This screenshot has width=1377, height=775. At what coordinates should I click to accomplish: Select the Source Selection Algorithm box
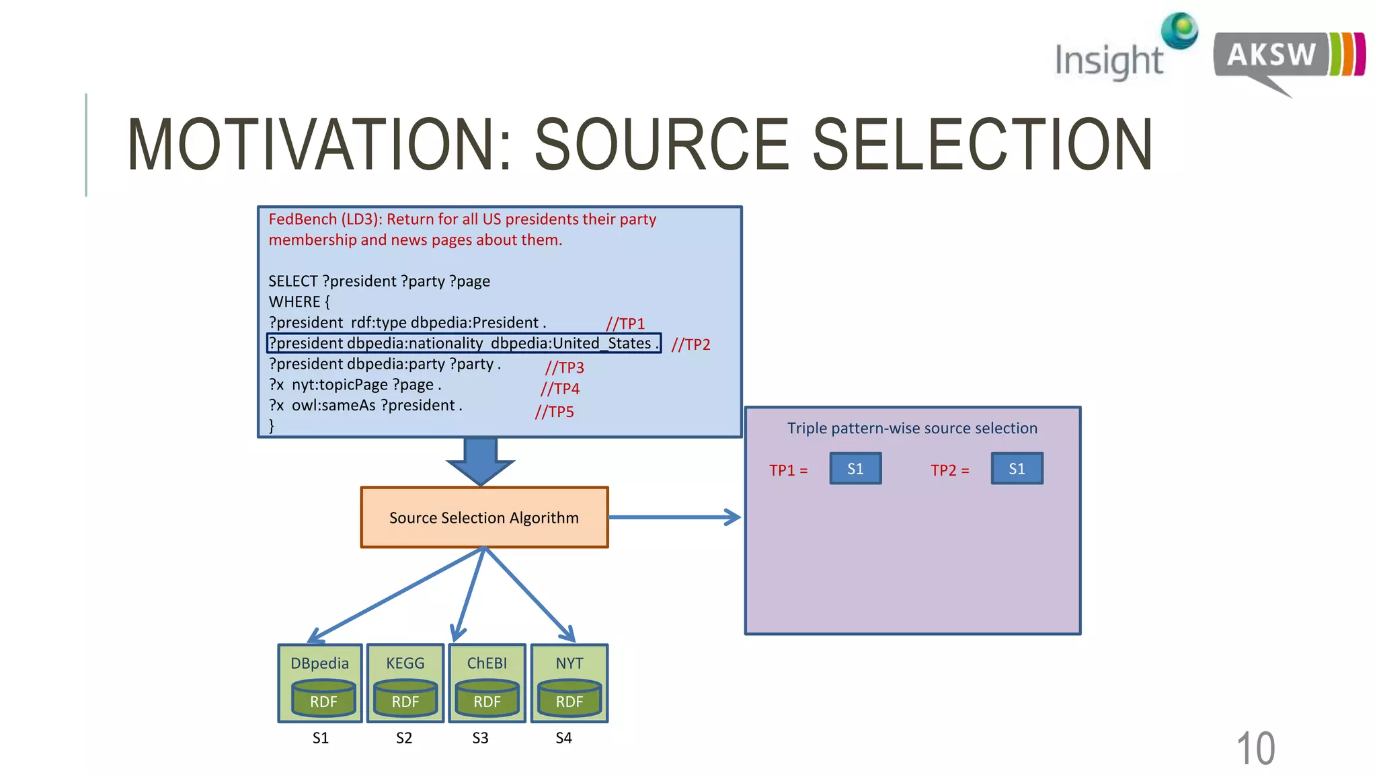click(484, 517)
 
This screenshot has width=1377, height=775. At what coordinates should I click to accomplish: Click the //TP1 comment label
click(625, 324)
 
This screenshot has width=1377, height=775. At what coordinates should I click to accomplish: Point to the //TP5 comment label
click(554, 412)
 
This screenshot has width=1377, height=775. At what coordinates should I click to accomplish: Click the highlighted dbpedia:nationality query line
click(463, 343)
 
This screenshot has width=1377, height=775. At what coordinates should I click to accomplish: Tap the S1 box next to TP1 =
click(855, 469)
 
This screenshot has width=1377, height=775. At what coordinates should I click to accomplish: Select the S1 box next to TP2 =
click(1017, 469)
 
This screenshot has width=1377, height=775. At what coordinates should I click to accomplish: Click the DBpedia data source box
click(320, 683)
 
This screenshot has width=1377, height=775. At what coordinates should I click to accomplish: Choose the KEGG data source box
click(405, 683)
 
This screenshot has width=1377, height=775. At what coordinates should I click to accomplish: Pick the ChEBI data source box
click(487, 683)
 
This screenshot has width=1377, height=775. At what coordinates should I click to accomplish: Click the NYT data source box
click(569, 683)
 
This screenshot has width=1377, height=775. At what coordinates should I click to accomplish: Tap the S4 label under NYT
click(563, 738)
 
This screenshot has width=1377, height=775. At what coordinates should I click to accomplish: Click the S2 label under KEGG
click(403, 738)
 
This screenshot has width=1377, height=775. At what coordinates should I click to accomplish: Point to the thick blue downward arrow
click(480, 461)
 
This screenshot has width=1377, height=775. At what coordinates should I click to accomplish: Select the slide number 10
click(1255, 748)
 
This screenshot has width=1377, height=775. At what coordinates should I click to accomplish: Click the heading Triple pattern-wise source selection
click(912, 428)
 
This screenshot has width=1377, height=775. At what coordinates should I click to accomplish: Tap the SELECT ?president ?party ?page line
click(379, 281)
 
